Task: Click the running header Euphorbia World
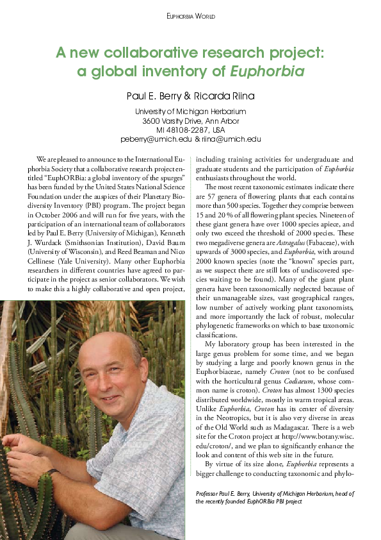click(190, 16)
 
